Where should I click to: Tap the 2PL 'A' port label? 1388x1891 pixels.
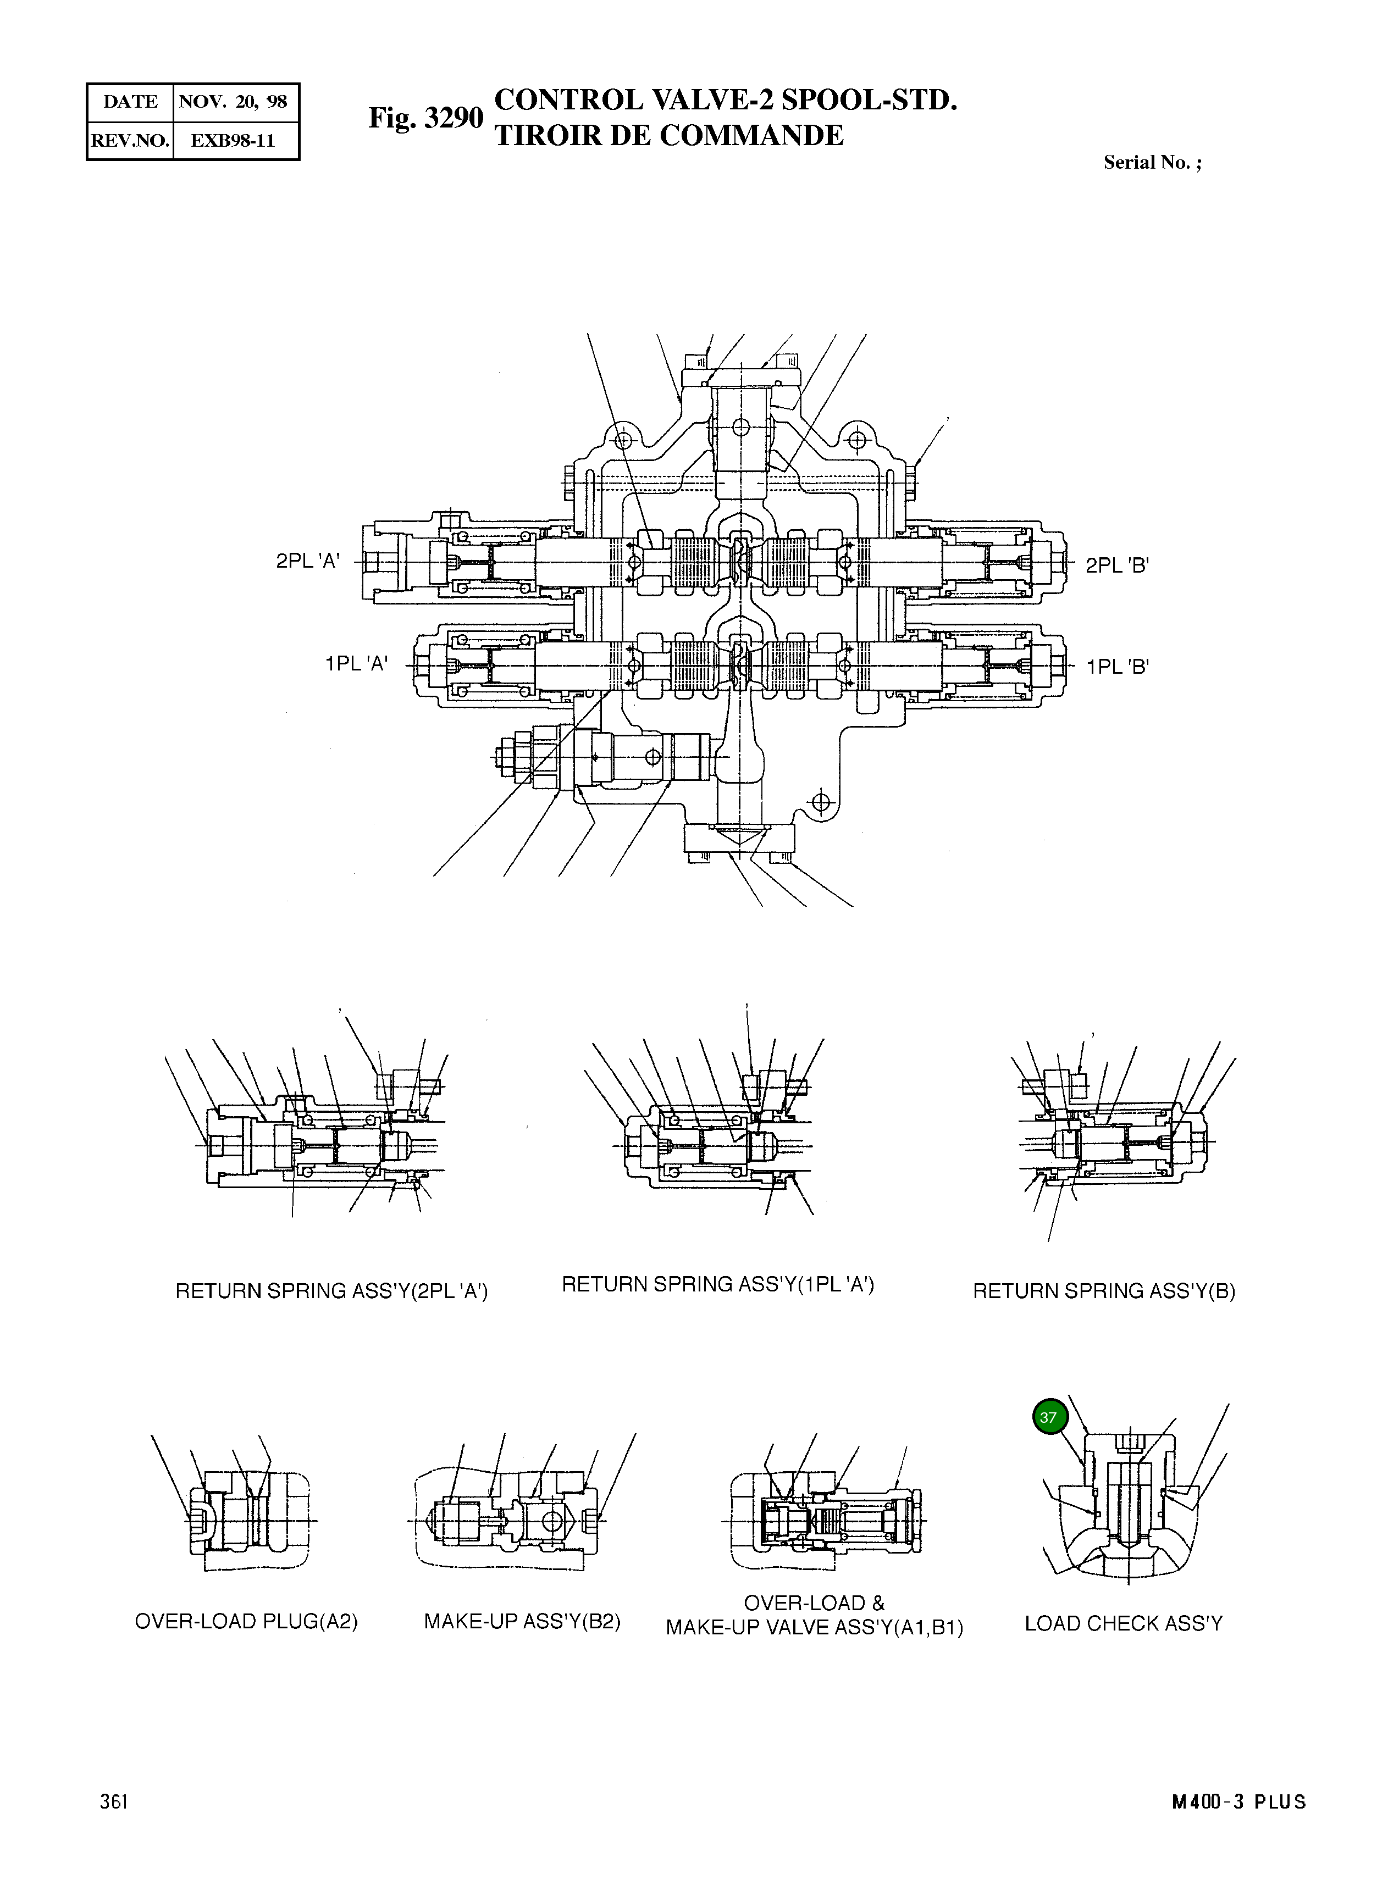(307, 561)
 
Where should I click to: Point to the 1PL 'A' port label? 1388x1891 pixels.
(356, 664)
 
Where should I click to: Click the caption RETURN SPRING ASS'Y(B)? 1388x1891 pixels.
(1103, 1291)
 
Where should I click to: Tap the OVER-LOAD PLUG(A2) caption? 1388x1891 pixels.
(246, 1621)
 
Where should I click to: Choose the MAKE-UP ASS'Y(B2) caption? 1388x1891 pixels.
(522, 1621)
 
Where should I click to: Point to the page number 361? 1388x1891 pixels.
(113, 1802)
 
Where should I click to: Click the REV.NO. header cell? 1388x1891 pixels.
(129, 140)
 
